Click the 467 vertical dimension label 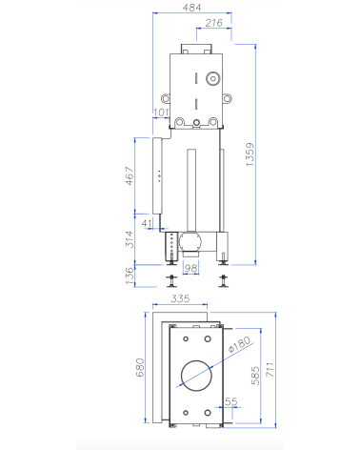click(x=131, y=177)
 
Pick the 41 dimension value click(x=146, y=224)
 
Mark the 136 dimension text click(x=131, y=275)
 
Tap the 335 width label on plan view click(x=181, y=299)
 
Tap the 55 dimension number click(x=230, y=402)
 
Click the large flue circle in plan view click(x=195, y=374)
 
